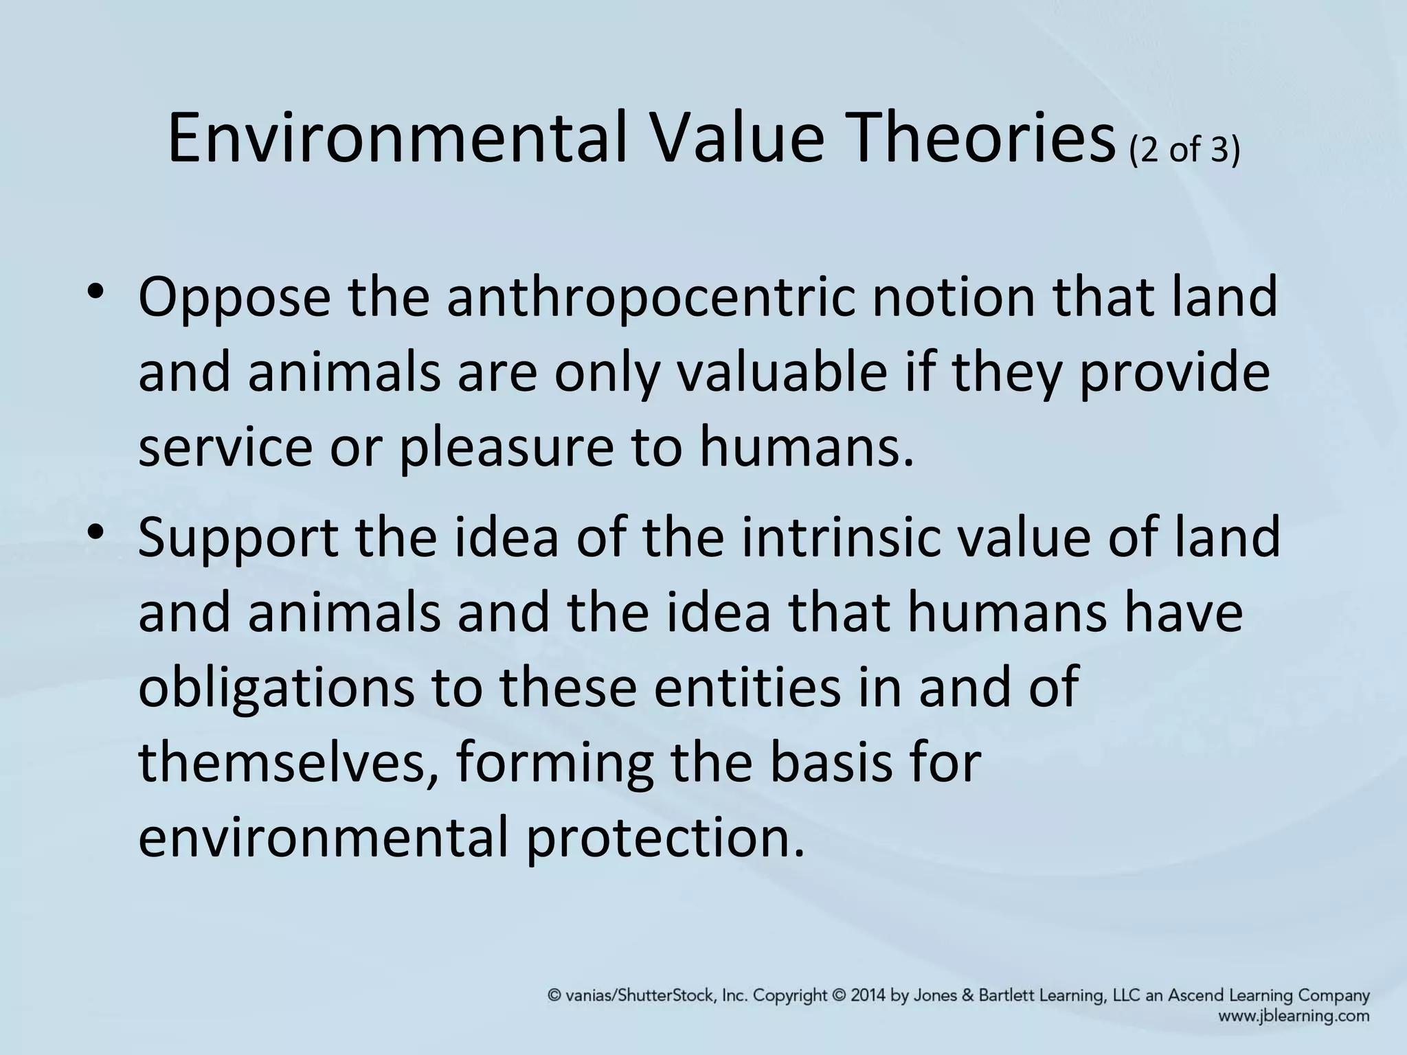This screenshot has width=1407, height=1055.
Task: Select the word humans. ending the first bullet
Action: pyautogui.click(x=807, y=446)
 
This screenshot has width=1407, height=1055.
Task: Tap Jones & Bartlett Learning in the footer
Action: pyautogui.click(x=1006, y=995)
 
